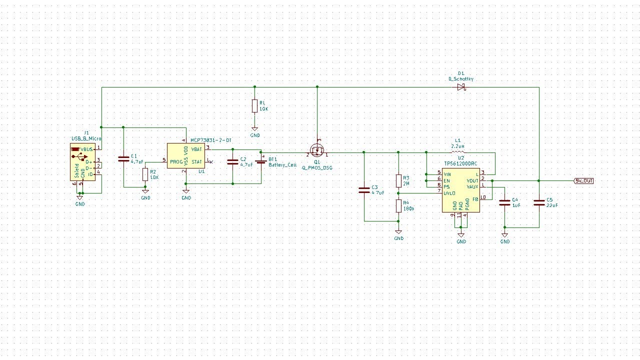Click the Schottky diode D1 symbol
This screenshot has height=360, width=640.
(x=460, y=87)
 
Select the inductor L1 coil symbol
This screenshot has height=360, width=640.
(x=457, y=152)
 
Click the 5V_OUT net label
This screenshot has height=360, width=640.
(x=584, y=181)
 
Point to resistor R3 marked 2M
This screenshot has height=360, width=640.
(x=398, y=180)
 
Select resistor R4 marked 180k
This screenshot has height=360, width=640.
(x=398, y=205)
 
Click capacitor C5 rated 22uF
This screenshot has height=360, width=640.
(x=539, y=202)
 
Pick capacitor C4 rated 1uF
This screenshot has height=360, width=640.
(x=504, y=202)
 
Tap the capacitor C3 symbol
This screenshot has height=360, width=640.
(x=364, y=190)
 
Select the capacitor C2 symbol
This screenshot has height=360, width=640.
(x=232, y=161)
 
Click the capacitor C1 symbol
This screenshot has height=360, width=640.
(x=123, y=159)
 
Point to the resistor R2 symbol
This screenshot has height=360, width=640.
(x=145, y=174)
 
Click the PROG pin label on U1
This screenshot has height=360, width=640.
(x=176, y=161)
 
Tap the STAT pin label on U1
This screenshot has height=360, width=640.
(x=196, y=161)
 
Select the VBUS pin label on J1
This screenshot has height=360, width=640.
(x=86, y=149)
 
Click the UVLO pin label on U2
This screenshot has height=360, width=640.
(x=449, y=193)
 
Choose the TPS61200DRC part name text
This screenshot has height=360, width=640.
(x=460, y=163)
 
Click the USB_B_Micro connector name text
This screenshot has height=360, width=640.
(x=86, y=138)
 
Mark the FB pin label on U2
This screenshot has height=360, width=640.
(x=475, y=199)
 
